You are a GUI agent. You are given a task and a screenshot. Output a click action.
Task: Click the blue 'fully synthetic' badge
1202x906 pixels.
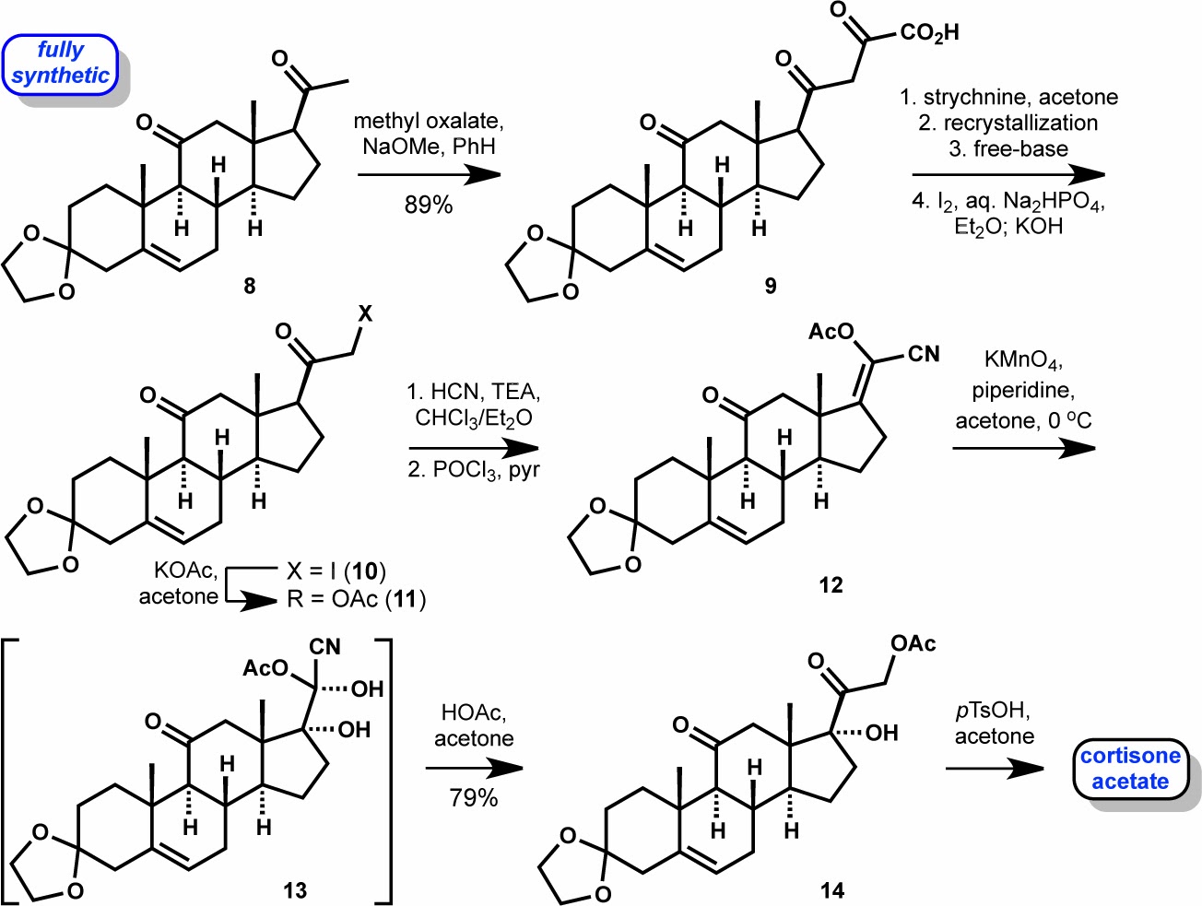pyautogui.click(x=61, y=64)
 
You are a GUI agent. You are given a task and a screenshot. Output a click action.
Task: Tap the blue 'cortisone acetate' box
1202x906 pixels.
pyautogui.click(x=1130, y=769)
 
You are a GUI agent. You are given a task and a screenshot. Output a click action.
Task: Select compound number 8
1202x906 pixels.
pyautogui.click(x=250, y=286)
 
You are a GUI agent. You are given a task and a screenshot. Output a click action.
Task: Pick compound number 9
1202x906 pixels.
pyautogui.click(x=771, y=286)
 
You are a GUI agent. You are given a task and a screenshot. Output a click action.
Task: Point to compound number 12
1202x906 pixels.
pyautogui.click(x=831, y=585)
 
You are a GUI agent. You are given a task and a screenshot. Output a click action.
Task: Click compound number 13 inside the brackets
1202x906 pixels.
pyautogui.click(x=295, y=890)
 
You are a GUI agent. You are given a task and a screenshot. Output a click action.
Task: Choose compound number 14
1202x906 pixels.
pyautogui.click(x=831, y=890)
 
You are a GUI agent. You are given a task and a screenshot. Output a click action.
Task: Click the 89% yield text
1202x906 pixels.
pyautogui.click(x=429, y=205)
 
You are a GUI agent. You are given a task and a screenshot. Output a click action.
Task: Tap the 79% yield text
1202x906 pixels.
pyautogui.click(x=474, y=797)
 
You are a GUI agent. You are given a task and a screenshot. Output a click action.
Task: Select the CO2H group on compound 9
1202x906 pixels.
pyautogui.click(x=929, y=33)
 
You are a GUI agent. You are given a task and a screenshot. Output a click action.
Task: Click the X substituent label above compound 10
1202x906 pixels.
pyautogui.click(x=365, y=313)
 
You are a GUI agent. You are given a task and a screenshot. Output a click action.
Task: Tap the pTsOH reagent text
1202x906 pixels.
pyautogui.click(x=992, y=711)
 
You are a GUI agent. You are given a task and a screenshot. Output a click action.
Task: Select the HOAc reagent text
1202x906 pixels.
pyautogui.click(x=474, y=712)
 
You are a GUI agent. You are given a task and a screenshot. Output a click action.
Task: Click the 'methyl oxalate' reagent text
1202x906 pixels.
pyautogui.click(x=429, y=121)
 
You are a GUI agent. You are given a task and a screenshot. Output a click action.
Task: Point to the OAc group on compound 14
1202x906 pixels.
pyautogui.click(x=913, y=643)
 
